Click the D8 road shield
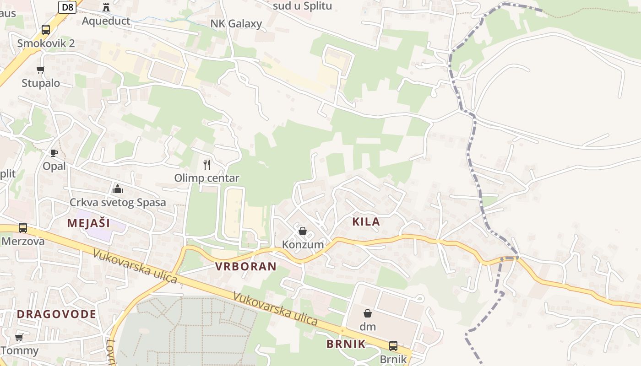click(x=67, y=7)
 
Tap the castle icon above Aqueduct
click(x=106, y=7)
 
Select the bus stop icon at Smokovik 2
click(x=46, y=30)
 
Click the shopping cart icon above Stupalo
click(x=41, y=70)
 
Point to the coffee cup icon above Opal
click(x=54, y=153)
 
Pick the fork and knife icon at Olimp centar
click(x=207, y=164)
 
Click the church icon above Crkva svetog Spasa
click(x=118, y=189)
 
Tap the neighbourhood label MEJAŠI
click(x=88, y=223)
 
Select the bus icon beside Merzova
click(x=23, y=227)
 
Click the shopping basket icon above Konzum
click(x=302, y=231)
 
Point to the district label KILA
click(x=366, y=222)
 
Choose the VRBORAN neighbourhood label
click(x=246, y=267)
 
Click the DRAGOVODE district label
click(x=57, y=314)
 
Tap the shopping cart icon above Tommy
click(x=19, y=337)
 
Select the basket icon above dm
click(x=367, y=313)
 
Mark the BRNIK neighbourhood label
click(x=346, y=344)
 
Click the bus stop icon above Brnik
click(x=393, y=345)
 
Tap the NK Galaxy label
click(x=236, y=24)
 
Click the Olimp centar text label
click(x=206, y=178)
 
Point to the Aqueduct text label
click(x=106, y=21)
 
